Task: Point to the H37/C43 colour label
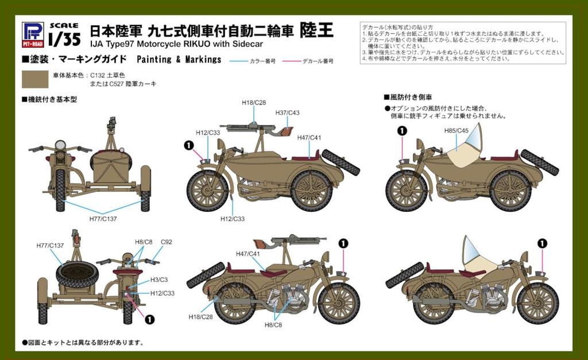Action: (x=287, y=113)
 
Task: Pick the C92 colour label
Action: (x=167, y=242)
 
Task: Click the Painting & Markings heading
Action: (x=179, y=60)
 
